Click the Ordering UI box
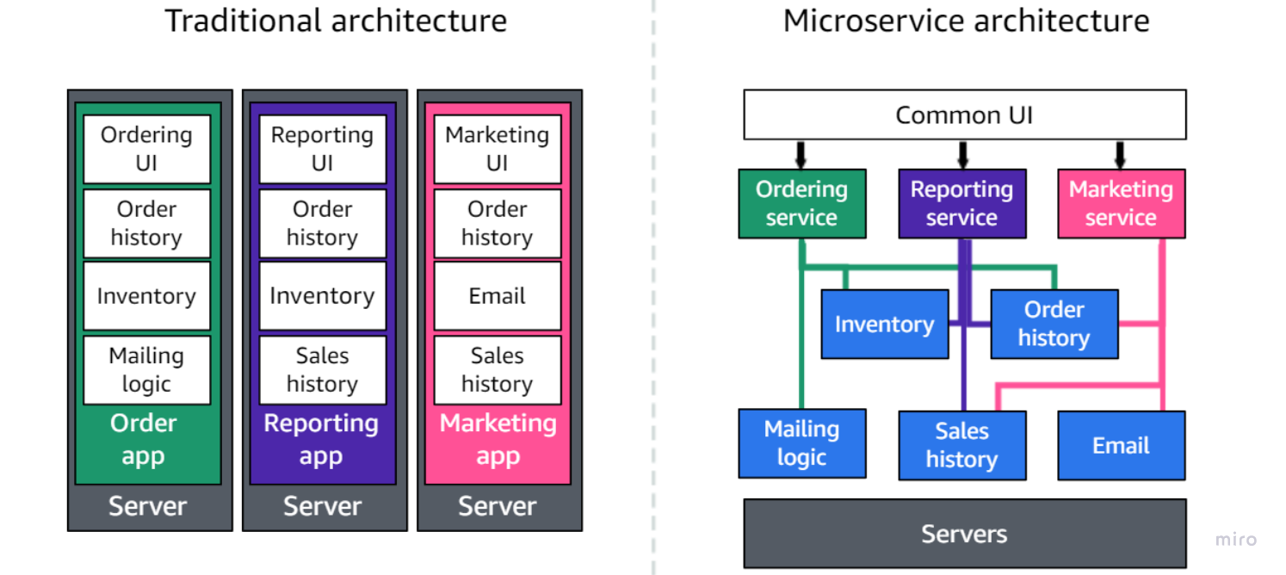point(146,149)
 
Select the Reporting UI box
point(322,149)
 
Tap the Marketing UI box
point(497,149)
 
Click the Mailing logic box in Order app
point(146,370)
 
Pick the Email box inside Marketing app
point(497,296)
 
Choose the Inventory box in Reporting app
point(322,296)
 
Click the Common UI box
point(964,114)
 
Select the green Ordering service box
point(801,203)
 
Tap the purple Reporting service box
point(961,203)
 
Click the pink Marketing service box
point(1121,203)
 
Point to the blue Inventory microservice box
point(884,324)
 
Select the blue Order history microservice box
point(1054,324)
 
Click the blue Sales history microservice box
point(961,445)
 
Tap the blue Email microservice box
point(1121,445)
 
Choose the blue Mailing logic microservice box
point(801,443)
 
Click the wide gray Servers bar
point(964,534)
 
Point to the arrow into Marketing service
point(1120,155)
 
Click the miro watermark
point(1235,540)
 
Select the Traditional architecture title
point(336,20)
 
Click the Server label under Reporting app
point(322,506)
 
